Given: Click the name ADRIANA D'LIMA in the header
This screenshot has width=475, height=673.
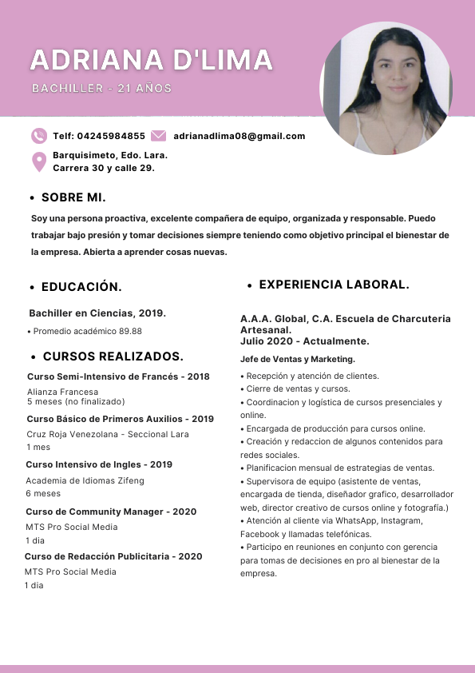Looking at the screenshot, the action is pyautogui.click(x=152, y=60).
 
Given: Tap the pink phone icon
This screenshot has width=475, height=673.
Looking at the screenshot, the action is pyautogui.click(x=39, y=136).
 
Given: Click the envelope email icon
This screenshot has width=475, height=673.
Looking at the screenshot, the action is pyautogui.click(x=158, y=136).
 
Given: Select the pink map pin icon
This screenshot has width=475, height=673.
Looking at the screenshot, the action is pyautogui.click(x=39, y=162).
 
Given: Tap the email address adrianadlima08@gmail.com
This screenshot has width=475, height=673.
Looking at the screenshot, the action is pyautogui.click(x=239, y=136).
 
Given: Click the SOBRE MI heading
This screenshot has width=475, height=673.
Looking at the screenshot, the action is pyautogui.click(x=73, y=197).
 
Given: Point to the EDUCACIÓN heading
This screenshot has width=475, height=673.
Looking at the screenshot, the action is pyautogui.click(x=81, y=287).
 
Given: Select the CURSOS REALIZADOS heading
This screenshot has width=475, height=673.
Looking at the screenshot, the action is pyautogui.click(x=113, y=356).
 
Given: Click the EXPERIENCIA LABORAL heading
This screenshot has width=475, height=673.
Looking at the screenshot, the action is pyautogui.click(x=334, y=285).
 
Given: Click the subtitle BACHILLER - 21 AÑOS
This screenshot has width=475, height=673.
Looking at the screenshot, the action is pyautogui.click(x=101, y=88).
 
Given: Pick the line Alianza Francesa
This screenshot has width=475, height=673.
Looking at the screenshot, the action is pyautogui.click(x=63, y=392).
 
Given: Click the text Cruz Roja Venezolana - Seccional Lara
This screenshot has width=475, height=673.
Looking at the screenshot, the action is pyautogui.click(x=108, y=434).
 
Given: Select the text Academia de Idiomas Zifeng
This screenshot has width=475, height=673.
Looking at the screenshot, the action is pyautogui.click(x=85, y=480).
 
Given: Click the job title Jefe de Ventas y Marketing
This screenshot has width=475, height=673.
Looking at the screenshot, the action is pyautogui.click(x=298, y=359).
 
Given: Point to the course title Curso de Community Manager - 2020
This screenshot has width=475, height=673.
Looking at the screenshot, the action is pyautogui.click(x=111, y=512).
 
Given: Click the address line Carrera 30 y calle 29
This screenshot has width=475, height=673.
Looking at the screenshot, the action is pyautogui.click(x=104, y=168).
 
